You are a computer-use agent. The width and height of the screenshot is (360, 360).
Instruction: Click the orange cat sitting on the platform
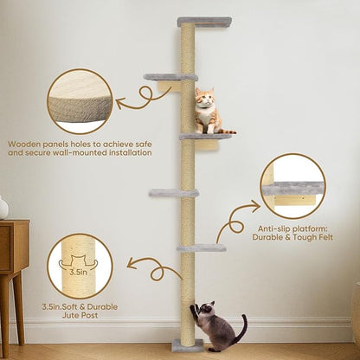[205, 112]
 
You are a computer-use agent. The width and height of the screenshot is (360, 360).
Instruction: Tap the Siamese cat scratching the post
[216, 326]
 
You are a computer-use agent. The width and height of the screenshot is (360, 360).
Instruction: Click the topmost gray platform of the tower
[204, 22]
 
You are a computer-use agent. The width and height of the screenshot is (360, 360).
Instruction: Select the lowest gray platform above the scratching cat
[202, 248]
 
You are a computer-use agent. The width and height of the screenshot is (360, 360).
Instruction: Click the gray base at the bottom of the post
[187, 346]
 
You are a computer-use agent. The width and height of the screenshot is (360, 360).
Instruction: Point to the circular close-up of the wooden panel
[80, 102]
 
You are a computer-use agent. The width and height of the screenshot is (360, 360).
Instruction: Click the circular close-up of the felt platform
[292, 186]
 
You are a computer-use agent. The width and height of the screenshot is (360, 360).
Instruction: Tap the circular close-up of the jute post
[80, 266]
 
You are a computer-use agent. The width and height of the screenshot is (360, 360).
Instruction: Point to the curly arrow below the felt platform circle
[235, 223]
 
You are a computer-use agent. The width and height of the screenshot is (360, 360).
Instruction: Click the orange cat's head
[204, 98]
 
